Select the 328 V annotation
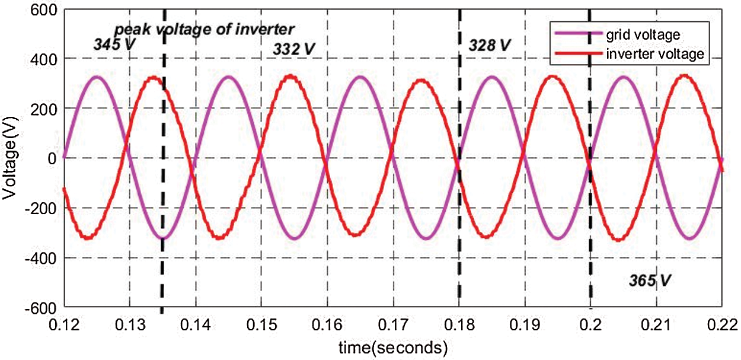tap(489, 44)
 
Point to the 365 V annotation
tap(650, 279)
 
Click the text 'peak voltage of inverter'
tap(213, 29)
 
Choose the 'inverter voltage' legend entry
tap(654, 54)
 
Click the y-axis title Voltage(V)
tap(10, 158)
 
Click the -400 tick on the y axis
tap(39, 258)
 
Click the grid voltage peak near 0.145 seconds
tap(228, 77)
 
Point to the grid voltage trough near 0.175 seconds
tap(426, 238)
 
